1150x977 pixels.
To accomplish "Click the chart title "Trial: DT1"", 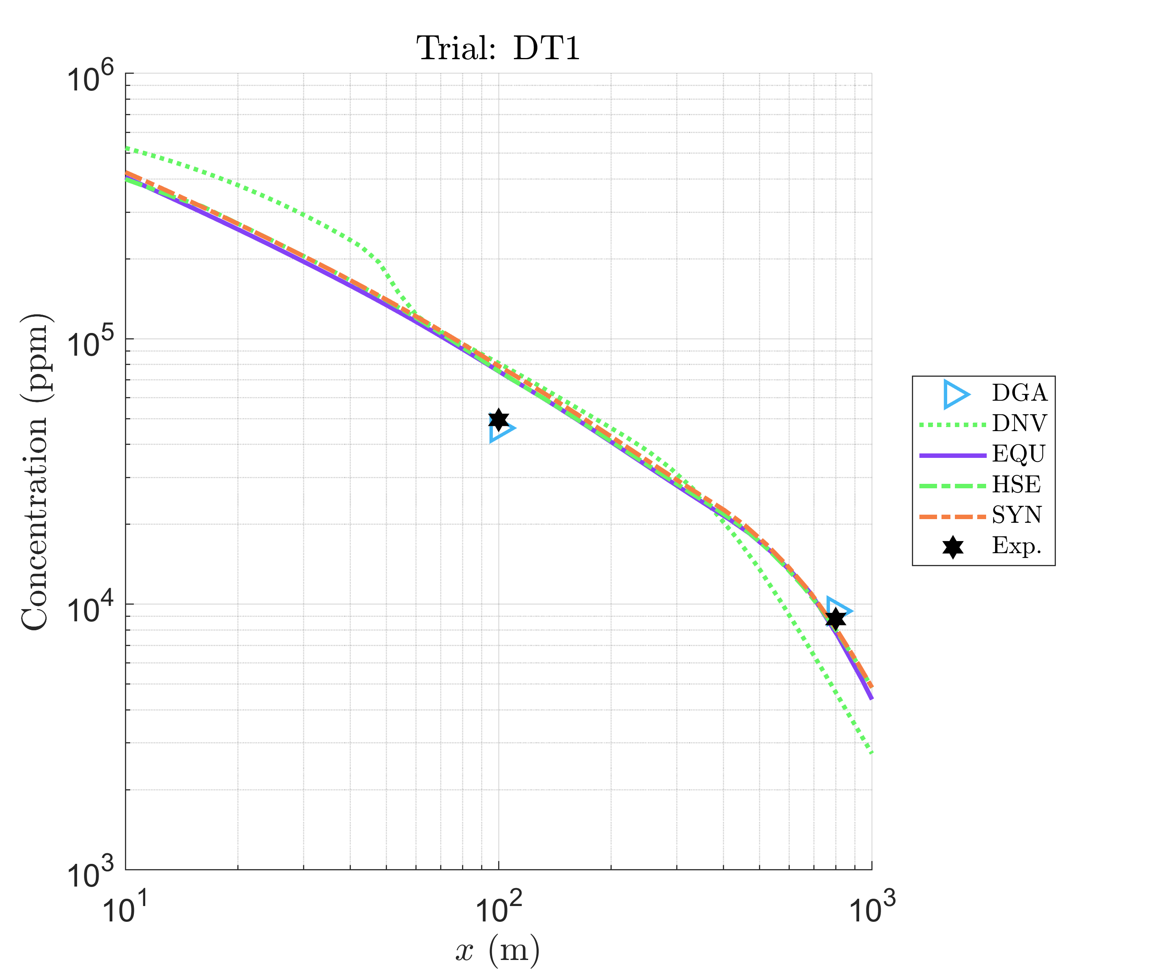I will pos(498,49).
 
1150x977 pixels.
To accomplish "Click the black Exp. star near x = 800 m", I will pos(835,618).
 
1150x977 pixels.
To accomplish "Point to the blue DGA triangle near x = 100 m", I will pos(501,429).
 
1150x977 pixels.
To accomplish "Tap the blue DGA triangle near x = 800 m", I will pos(838,610).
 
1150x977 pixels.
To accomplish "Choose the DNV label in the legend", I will pos(1019,424).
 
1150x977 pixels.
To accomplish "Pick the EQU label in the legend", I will pos(1018,454).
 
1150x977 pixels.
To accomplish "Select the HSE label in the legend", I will pos(1016,485).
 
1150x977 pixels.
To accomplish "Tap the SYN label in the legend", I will pos(1017,515).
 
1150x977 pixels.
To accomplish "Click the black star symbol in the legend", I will pos(953,547).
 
